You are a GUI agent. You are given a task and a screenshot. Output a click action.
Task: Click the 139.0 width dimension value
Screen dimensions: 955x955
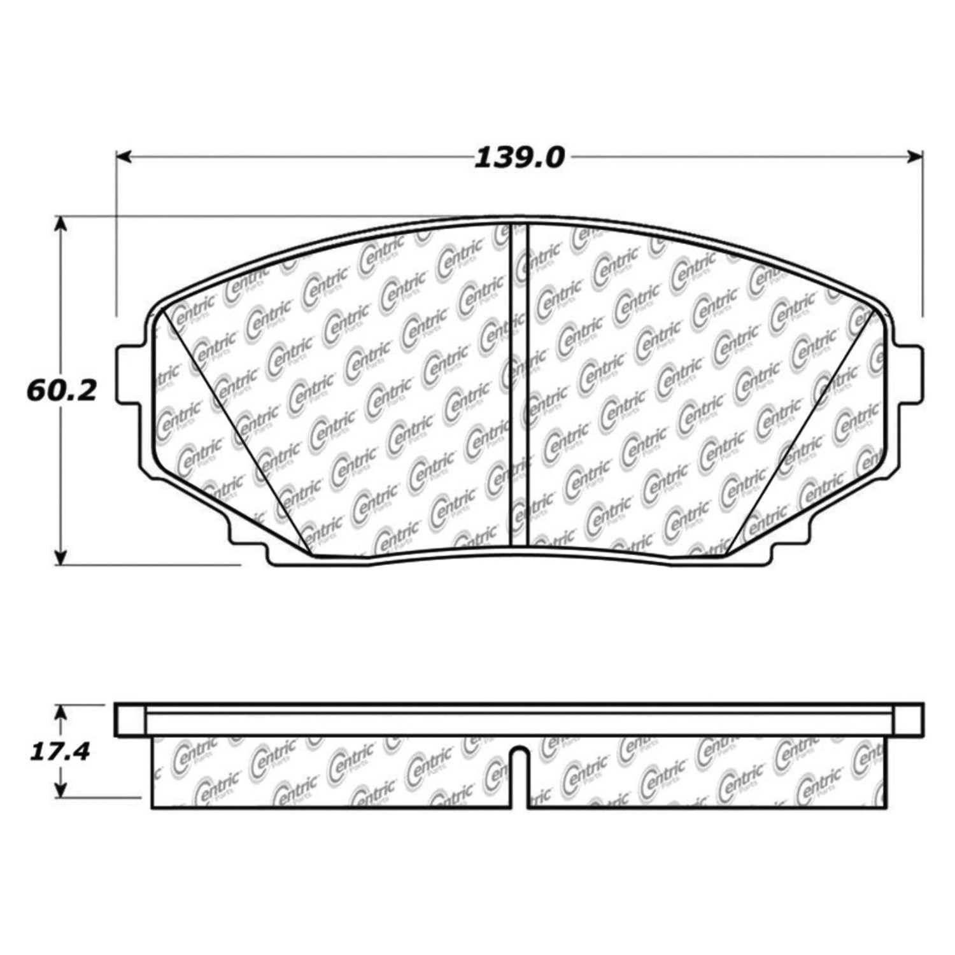[x=519, y=158]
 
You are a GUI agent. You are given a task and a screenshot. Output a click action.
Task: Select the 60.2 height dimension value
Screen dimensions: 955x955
[x=61, y=390]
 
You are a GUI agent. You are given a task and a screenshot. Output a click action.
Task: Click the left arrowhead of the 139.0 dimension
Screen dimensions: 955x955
[x=124, y=157]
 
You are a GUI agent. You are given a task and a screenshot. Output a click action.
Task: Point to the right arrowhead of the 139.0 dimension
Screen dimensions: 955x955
[x=915, y=157]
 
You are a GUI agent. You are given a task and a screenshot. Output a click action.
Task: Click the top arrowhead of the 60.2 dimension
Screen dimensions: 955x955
[x=60, y=223]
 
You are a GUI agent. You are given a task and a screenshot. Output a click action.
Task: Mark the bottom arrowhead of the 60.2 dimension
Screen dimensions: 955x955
[x=60, y=556]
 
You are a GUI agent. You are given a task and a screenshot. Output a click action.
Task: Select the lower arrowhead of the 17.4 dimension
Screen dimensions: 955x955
[x=60, y=789]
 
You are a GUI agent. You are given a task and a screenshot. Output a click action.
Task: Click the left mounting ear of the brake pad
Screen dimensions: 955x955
[x=131, y=374]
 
